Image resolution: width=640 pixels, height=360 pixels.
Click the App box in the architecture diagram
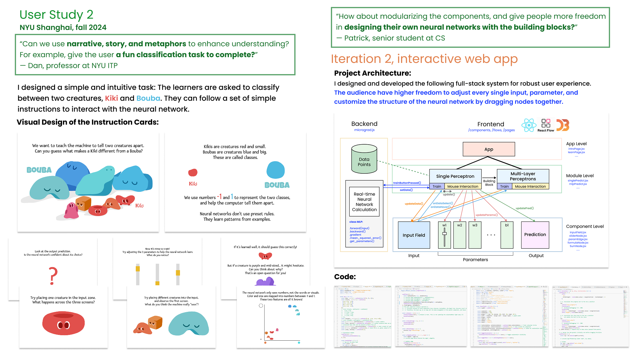pyautogui.click(x=488, y=149)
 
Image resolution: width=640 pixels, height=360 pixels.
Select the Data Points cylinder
pyautogui.click(x=364, y=159)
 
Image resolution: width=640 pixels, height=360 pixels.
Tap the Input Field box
pyautogui.click(x=414, y=235)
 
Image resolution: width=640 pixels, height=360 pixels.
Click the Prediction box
pyautogui.click(x=535, y=235)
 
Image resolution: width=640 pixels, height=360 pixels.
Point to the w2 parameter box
pyautogui.click(x=459, y=235)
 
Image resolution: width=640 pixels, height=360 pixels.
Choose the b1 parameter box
pyautogui.click(x=507, y=235)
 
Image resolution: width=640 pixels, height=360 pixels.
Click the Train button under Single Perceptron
pyautogui.click(x=437, y=186)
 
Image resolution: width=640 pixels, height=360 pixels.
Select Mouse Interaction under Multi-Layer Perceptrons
pyautogui.click(x=530, y=186)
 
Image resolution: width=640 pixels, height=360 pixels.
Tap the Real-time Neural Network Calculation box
pyautogui.click(x=364, y=202)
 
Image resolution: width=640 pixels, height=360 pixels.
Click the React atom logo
pyautogui.click(x=529, y=125)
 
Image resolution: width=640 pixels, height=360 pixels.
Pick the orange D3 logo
pyautogui.click(x=563, y=125)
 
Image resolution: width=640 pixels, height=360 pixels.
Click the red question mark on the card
pyautogui.click(x=53, y=276)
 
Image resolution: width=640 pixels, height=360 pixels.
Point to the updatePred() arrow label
pyautogui.click(x=524, y=208)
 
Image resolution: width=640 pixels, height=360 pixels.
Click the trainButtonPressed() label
pyautogui.click(x=407, y=183)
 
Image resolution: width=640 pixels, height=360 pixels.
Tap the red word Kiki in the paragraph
pyautogui.click(x=111, y=98)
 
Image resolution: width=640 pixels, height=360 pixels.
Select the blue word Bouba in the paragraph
pyautogui.click(x=148, y=98)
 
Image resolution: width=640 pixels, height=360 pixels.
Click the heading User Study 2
pyautogui.click(x=56, y=15)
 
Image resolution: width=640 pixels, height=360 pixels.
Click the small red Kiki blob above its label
pyautogui.click(x=193, y=172)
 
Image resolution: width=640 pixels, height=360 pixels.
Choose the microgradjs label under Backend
pyautogui.click(x=364, y=130)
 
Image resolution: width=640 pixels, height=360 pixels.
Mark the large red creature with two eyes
pyautogui.click(x=64, y=323)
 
